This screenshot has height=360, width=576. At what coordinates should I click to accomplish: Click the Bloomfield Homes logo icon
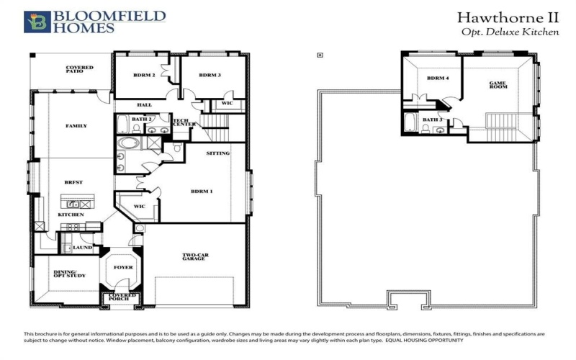(37, 22)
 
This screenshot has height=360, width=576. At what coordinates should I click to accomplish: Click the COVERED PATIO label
(80, 69)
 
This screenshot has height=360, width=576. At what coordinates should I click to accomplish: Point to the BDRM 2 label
(144, 75)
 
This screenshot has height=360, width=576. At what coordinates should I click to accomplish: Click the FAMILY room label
(76, 126)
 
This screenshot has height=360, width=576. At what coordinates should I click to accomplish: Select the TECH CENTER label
(184, 124)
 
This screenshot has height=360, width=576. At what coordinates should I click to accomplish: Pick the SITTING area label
(217, 153)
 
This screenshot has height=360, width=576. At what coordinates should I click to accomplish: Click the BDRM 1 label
(201, 191)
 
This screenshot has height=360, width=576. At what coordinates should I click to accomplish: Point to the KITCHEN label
(71, 215)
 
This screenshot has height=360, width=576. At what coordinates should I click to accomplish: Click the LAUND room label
(83, 248)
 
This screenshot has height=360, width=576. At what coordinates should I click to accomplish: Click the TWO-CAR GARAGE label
(194, 256)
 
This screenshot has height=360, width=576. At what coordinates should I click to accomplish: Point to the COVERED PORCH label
(121, 297)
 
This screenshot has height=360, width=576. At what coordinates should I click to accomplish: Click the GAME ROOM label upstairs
(498, 84)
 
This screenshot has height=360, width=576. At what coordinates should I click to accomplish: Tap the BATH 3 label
(432, 120)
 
